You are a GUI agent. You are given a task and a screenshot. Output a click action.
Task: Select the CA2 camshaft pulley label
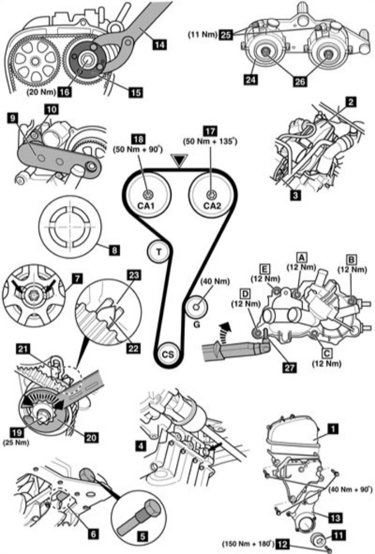coord(211,206)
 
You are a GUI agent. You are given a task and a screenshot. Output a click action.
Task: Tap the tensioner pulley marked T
coord(159,253)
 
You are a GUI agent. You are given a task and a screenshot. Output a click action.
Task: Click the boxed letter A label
coord(301,257)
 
